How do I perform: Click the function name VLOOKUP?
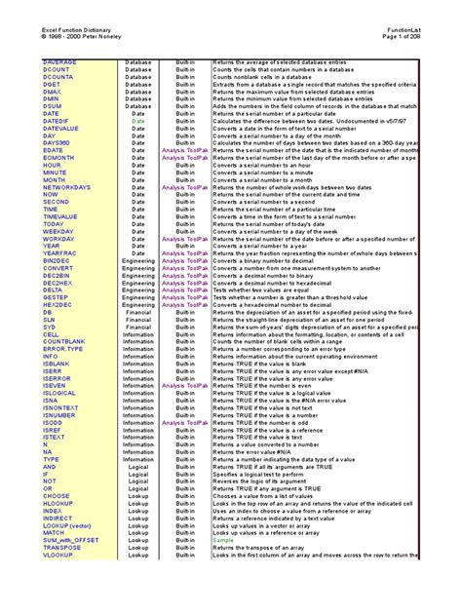click(58, 554)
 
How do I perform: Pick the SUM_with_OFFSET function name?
click(71, 539)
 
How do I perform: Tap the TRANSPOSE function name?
click(63, 547)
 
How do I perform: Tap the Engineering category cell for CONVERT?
click(138, 268)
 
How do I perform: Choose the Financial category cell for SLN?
click(138, 320)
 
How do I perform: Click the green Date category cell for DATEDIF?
click(138, 122)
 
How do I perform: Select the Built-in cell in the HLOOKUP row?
click(184, 503)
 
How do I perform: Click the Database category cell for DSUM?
click(138, 107)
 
